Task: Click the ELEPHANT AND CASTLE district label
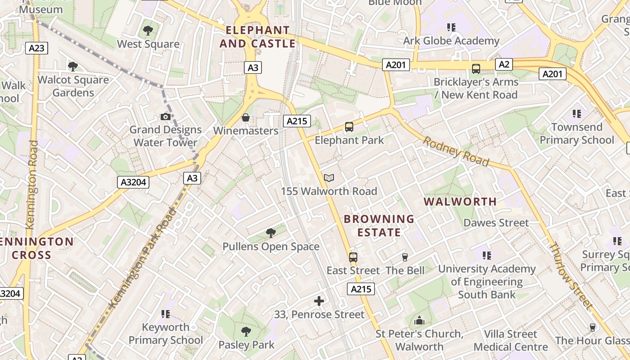point(257,37)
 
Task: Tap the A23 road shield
point(36,48)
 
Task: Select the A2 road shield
point(504,64)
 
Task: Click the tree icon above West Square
point(148,31)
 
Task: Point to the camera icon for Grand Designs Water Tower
point(165,117)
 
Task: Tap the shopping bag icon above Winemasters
point(246,117)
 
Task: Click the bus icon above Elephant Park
point(349,127)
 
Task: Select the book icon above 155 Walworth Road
point(329,178)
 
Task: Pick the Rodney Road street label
point(455,151)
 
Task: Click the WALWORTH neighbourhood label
point(460,202)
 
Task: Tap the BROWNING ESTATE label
point(379,225)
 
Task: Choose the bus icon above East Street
point(353,257)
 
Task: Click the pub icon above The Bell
point(405,257)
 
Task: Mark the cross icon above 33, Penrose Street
point(319,301)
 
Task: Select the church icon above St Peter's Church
point(419,321)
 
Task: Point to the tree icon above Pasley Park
point(246,332)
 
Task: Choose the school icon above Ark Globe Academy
point(451,27)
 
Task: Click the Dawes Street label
point(496,223)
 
